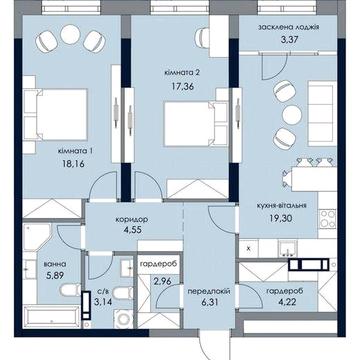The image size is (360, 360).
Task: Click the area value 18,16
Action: (x=72, y=164)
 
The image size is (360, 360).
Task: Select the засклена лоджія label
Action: (x=289, y=27)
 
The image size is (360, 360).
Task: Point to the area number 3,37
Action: (x=289, y=40)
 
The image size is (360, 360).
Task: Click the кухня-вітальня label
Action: (x=281, y=206)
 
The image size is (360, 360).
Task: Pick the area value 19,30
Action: (x=281, y=218)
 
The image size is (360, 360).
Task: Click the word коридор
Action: (x=132, y=220)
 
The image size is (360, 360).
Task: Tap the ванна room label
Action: (x=55, y=264)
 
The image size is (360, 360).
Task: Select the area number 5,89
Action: (x=55, y=276)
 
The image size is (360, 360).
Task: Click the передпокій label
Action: (x=209, y=292)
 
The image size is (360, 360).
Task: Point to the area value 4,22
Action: (x=285, y=303)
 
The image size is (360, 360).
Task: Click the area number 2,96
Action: (x=162, y=281)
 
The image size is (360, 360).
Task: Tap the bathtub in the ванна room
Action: (x=51, y=317)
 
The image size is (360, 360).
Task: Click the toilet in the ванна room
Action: (x=70, y=290)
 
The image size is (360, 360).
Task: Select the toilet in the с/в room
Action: (x=123, y=294)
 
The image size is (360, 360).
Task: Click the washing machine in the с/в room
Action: (x=124, y=318)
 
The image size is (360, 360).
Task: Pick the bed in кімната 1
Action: (x=56, y=114)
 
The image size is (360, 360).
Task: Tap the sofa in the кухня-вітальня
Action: (x=321, y=115)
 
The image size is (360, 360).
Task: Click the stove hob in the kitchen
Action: (x=327, y=219)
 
